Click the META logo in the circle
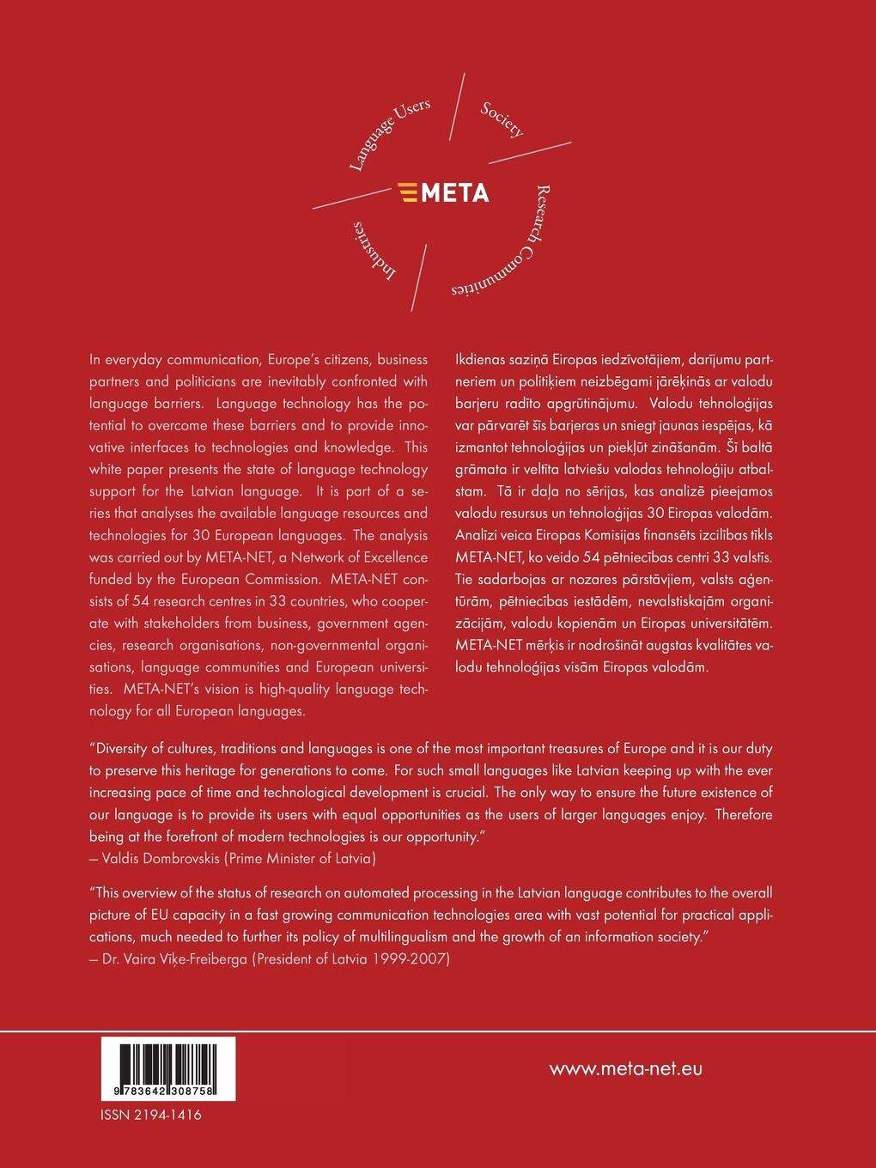tap(444, 192)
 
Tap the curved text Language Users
tap(390, 134)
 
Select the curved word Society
tap(502, 119)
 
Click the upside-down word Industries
tap(375, 250)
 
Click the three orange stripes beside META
tap(410, 192)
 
